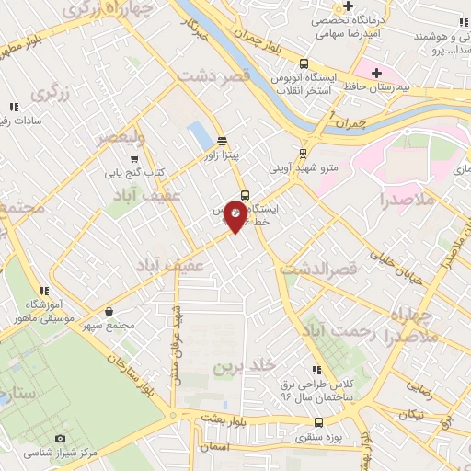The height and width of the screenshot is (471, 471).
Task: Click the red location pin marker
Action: (x=235, y=217)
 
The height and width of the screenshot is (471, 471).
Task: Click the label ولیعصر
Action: (x=123, y=140)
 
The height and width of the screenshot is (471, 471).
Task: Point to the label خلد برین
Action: (x=245, y=366)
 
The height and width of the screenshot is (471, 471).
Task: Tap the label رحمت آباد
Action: (x=340, y=331)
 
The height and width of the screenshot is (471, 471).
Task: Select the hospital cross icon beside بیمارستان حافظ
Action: (x=375, y=73)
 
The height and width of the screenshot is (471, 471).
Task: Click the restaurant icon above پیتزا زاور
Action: (x=222, y=141)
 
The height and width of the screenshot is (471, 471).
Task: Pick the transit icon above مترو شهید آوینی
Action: (x=304, y=153)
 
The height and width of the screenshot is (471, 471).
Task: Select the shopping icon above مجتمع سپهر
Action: (x=110, y=312)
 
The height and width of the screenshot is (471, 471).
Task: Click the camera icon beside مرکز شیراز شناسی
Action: (x=61, y=439)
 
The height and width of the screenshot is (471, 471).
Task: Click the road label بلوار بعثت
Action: (x=217, y=419)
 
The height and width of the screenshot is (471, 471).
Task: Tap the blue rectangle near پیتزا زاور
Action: (x=199, y=136)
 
